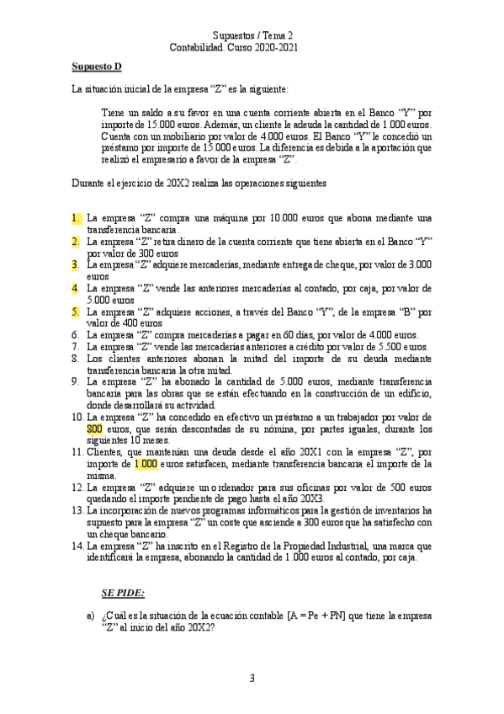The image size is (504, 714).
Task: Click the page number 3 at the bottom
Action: (x=252, y=678)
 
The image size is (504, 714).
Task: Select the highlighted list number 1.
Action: (x=77, y=218)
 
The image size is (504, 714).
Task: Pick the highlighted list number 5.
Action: (x=77, y=312)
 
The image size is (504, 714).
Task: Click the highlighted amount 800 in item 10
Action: (x=94, y=429)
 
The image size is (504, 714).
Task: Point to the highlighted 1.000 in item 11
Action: (x=135, y=463)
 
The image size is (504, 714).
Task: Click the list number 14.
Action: (x=78, y=546)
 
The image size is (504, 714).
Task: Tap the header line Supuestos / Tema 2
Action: (x=252, y=35)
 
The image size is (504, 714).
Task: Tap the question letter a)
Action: (x=90, y=616)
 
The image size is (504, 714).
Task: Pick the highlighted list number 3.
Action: (x=77, y=264)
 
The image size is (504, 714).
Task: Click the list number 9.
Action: (x=77, y=381)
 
